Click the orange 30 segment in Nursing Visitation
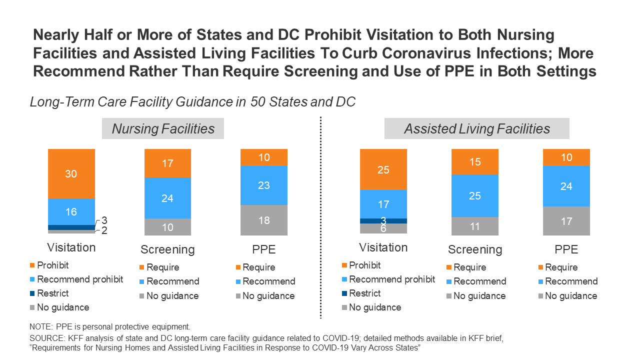tap(71, 173)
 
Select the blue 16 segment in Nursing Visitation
tap(71, 211)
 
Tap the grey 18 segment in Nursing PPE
tap(264, 220)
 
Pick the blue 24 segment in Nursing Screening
tap(167, 198)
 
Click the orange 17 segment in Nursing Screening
tap(167, 163)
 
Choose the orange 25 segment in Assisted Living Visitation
tap(383, 169)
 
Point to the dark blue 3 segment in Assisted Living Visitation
tap(383, 220)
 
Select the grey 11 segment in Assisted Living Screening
tap(475, 226)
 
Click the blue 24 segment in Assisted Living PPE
tap(566, 186)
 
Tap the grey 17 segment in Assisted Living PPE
tap(566, 220)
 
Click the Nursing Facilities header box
tap(163, 128)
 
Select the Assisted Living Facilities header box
tap(476, 128)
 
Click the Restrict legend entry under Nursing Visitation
tap(53, 293)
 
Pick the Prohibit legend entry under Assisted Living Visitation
tap(364, 265)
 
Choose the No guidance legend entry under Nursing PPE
tap(268, 296)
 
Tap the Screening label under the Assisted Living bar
tap(475, 249)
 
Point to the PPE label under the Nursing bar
tap(264, 249)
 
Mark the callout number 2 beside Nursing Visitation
tap(104, 230)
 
